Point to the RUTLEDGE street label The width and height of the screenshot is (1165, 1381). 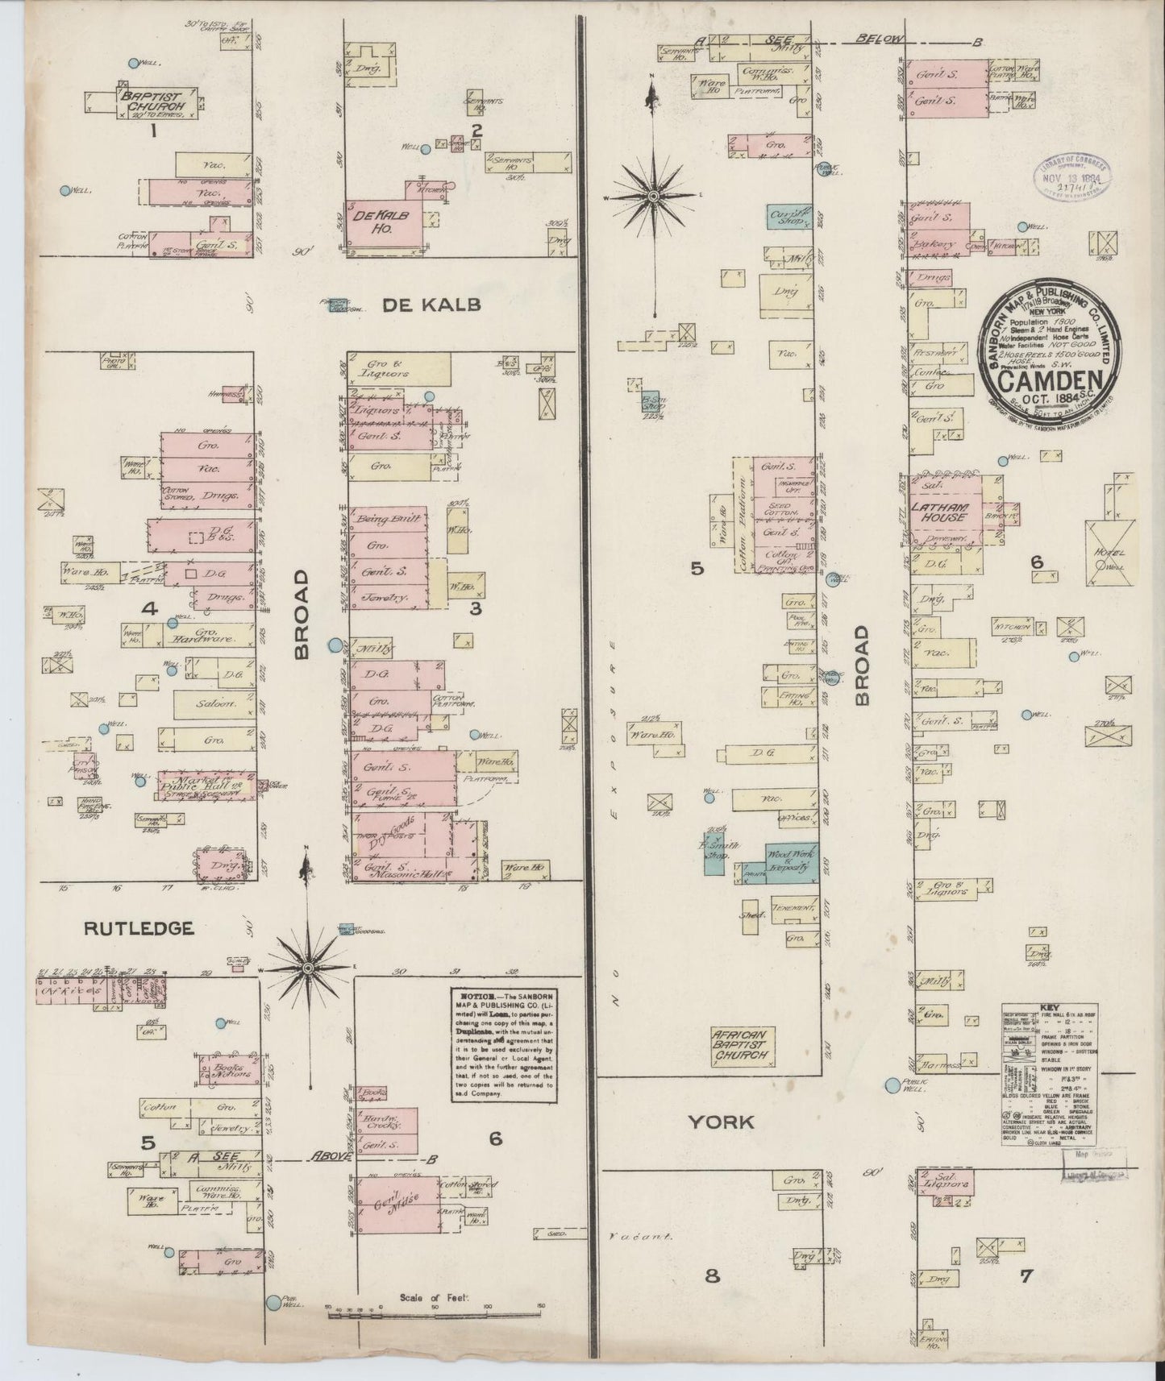pyautogui.click(x=139, y=928)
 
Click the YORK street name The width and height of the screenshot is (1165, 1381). pyautogui.click(x=721, y=1122)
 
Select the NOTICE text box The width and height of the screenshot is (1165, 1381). pyautogui.click(x=503, y=1043)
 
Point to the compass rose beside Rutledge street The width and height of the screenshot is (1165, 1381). pyautogui.click(x=308, y=966)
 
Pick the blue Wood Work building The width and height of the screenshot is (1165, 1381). pyautogui.click(x=792, y=862)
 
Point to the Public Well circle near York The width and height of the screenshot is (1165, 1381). pyautogui.click(x=892, y=1085)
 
